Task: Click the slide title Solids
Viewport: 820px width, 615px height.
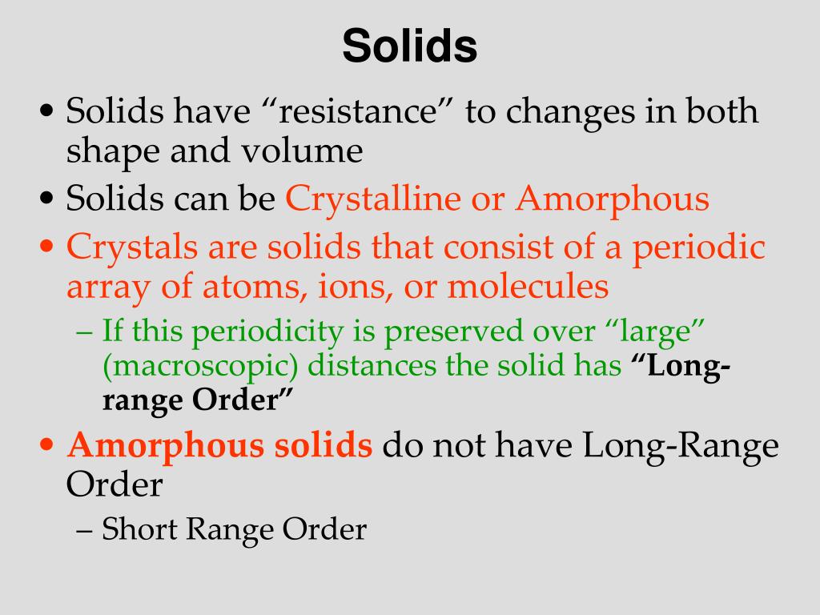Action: [x=409, y=46]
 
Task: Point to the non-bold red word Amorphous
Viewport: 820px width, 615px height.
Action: [x=613, y=199]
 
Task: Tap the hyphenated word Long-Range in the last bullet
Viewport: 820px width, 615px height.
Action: [x=680, y=445]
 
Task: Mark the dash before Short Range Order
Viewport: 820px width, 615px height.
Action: [x=88, y=529]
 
